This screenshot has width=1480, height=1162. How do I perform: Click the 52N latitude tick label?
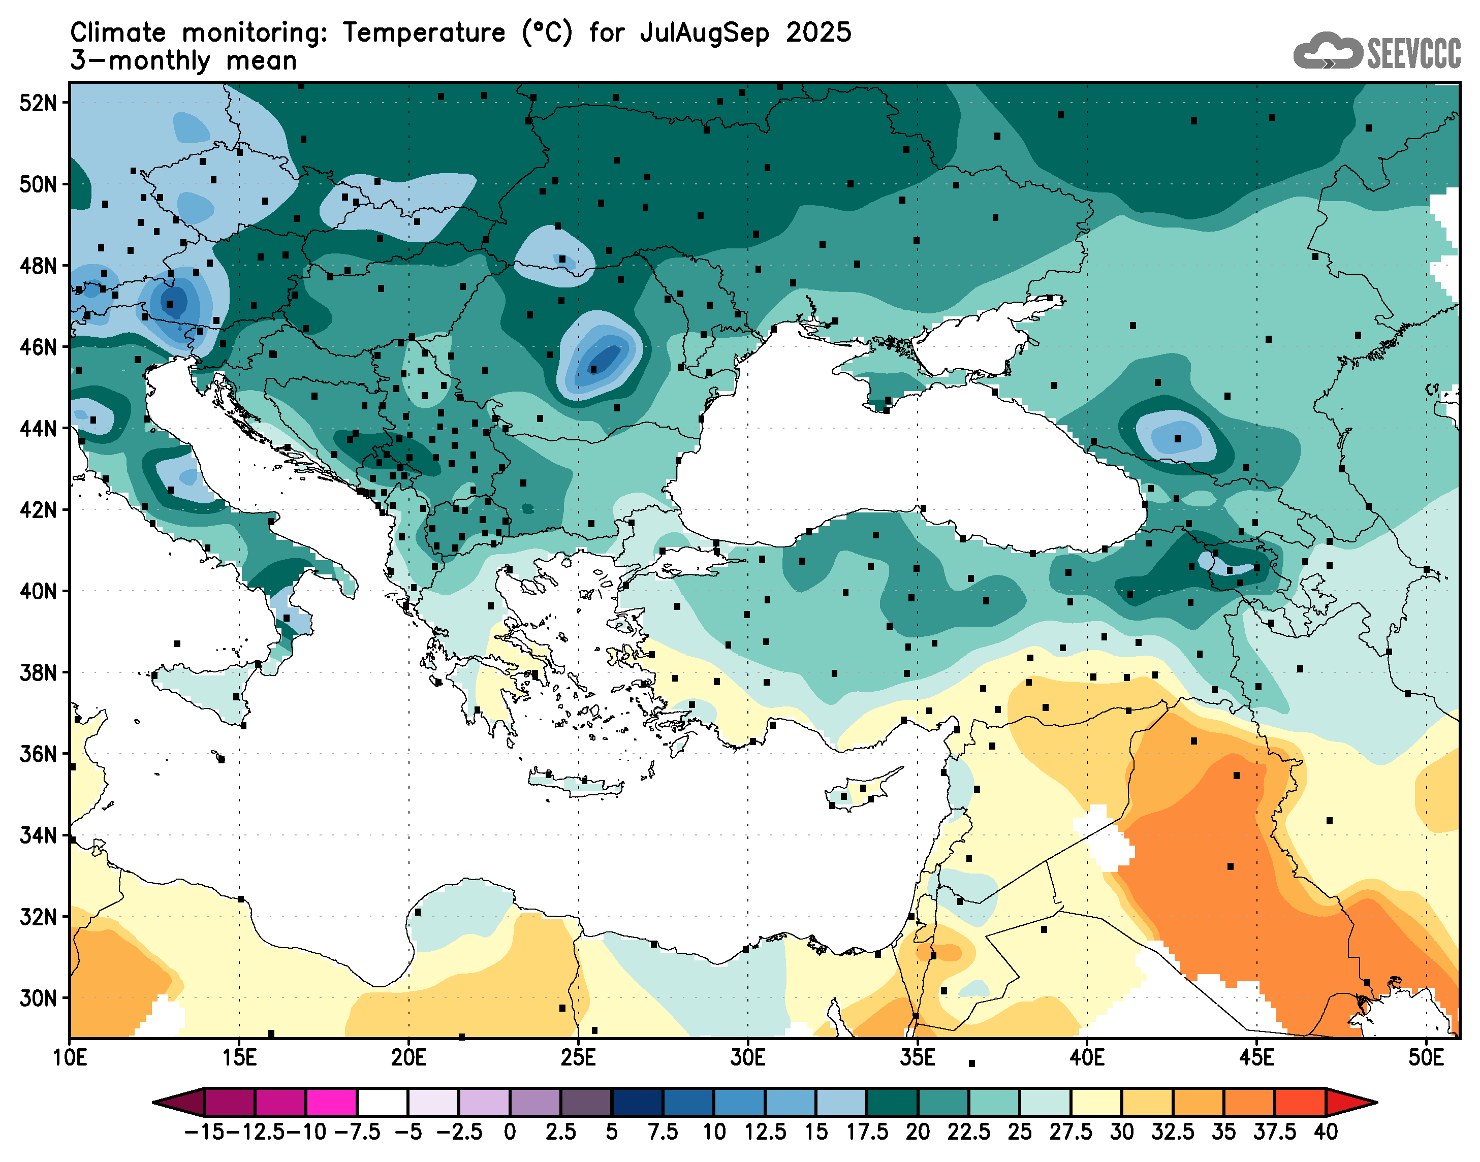pyautogui.click(x=38, y=104)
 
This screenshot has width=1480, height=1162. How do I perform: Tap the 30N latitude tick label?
pyautogui.click(x=38, y=999)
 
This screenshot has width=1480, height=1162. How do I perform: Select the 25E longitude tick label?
pyautogui.click(x=578, y=1058)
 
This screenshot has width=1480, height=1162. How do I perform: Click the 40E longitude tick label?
pyautogui.click(x=1087, y=1058)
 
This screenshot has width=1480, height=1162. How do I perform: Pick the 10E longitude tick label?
pyautogui.click(x=70, y=1058)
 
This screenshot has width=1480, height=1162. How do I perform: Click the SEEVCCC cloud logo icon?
pyautogui.click(x=1327, y=50)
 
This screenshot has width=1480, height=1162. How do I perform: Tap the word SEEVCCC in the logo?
pyautogui.click(x=1413, y=53)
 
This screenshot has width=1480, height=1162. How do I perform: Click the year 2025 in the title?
pyautogui.click(x=818, y=33)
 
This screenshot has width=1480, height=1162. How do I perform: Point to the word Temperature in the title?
pyautogui.click(x=424, y=33)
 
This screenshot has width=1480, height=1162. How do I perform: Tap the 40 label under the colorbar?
pyautogui.click(x=1326, y=1132)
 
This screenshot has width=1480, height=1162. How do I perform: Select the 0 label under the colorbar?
pyautogui.click(x=510, y=1132)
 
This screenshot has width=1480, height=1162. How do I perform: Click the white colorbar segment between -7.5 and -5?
pyautogui.click(x=383, y=1103)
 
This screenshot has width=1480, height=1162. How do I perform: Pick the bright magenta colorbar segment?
pyautogui.click(x=331, y=1103)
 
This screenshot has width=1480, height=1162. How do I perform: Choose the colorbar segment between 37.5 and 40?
pyautogui.click(x=1300, y=1103)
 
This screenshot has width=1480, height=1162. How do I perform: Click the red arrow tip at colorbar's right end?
pyautogui.click(x=1354, y=1103)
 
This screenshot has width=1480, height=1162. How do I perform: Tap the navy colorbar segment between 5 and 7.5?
pyautogui.click(x=637, y=1103)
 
